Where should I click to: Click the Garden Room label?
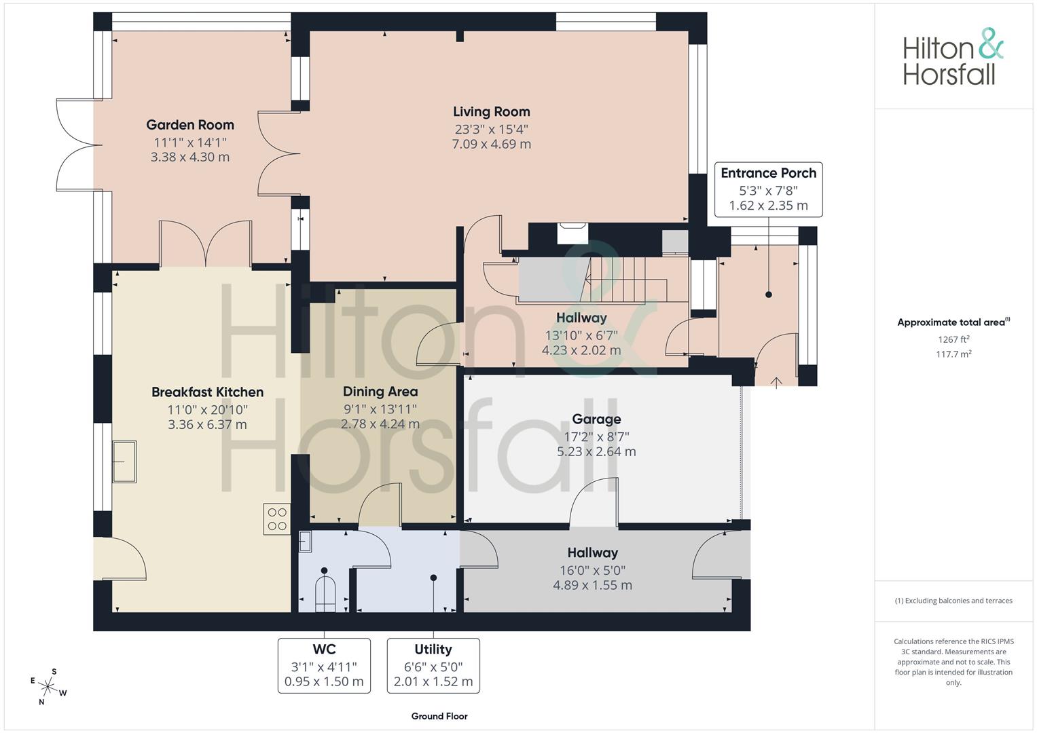[x=189, y=125]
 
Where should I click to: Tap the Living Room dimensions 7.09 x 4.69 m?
[x=491, y=144]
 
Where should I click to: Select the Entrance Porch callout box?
[x=769, y=189]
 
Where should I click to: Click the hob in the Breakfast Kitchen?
[x=277, y=519]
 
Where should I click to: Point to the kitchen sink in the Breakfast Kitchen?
[x=124, y=462]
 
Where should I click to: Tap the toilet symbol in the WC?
[x=325, y=594]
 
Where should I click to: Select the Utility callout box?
[x=433, y=665]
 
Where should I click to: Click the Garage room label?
[x=596, y=419]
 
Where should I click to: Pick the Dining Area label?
[x=380, y=392]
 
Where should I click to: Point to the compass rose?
[x=48, y=687]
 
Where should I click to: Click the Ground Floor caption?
[x=439, y=716]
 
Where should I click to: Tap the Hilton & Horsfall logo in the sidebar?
[x=953, y=57]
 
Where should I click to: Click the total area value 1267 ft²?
[x=953, y=339]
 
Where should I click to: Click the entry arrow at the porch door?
[x=776, y=383]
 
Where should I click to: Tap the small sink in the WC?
[x=305, y=541]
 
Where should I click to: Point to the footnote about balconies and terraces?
[x=953, y=601]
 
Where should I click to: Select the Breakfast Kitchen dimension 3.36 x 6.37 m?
[x=207, y=424]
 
